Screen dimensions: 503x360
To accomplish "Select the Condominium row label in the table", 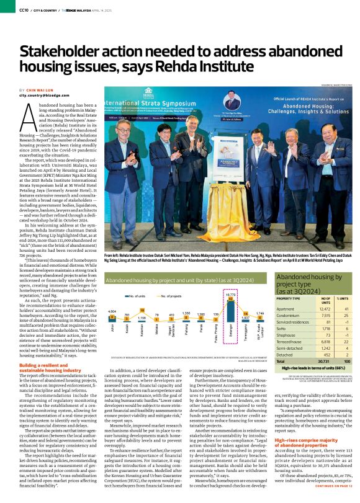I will (x=290, y=314).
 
